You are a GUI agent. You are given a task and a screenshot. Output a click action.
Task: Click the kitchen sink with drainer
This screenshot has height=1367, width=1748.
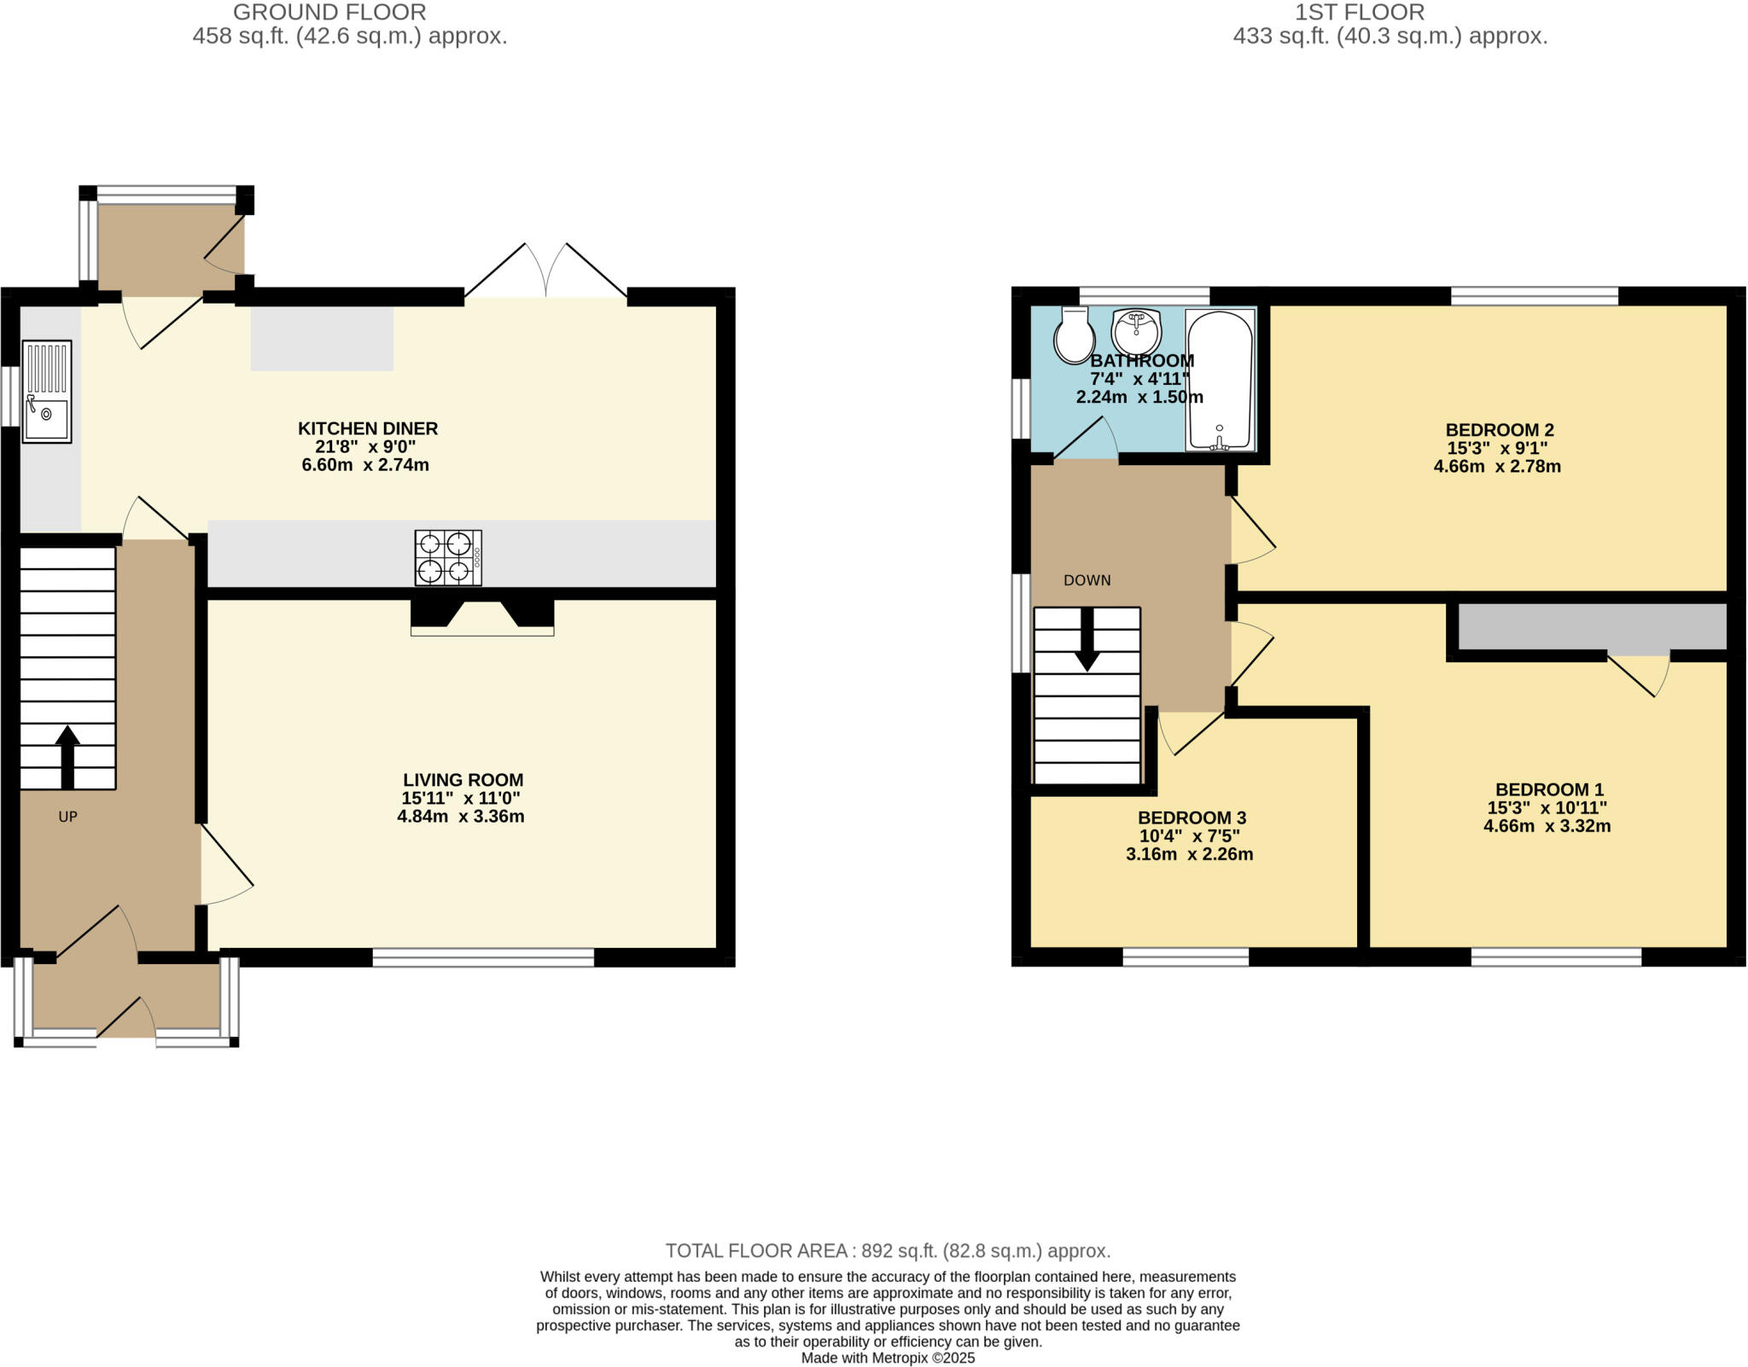47,392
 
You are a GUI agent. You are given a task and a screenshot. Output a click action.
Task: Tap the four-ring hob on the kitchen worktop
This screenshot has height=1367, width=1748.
448,558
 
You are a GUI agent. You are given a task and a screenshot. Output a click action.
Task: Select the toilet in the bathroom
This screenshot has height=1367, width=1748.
1075,335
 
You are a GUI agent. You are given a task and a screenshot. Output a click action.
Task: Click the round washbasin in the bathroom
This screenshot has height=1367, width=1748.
1136,331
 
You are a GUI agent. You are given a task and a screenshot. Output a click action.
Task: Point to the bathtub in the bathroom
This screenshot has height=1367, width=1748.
1221,380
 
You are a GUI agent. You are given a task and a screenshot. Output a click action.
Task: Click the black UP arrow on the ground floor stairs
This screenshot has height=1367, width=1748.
67,756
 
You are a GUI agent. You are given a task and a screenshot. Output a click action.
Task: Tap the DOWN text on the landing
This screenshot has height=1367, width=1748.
1087,580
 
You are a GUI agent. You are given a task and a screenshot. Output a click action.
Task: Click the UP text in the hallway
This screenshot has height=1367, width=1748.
67,817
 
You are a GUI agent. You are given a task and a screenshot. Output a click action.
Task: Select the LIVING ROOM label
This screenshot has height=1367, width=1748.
463,780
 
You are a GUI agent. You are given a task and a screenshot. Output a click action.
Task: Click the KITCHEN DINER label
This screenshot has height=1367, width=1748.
367,428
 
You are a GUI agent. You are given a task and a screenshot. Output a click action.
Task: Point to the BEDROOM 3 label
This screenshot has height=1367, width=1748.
1192,817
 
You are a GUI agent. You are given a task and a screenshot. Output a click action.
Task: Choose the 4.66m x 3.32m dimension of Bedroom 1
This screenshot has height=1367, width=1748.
1547,826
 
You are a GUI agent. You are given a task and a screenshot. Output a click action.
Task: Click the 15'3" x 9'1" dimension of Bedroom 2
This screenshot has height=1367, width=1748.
1497,448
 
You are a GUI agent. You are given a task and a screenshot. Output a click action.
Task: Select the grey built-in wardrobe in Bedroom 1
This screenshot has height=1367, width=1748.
1592,626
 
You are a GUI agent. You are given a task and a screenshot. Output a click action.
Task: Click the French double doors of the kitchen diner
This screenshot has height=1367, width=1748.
545,273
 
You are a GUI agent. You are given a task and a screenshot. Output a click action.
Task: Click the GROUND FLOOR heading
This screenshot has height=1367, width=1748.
329,12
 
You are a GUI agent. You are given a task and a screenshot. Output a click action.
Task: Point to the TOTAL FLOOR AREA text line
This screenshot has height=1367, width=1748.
888,1251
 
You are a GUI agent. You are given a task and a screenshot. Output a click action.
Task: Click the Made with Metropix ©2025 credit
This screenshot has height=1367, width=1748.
888,1358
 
